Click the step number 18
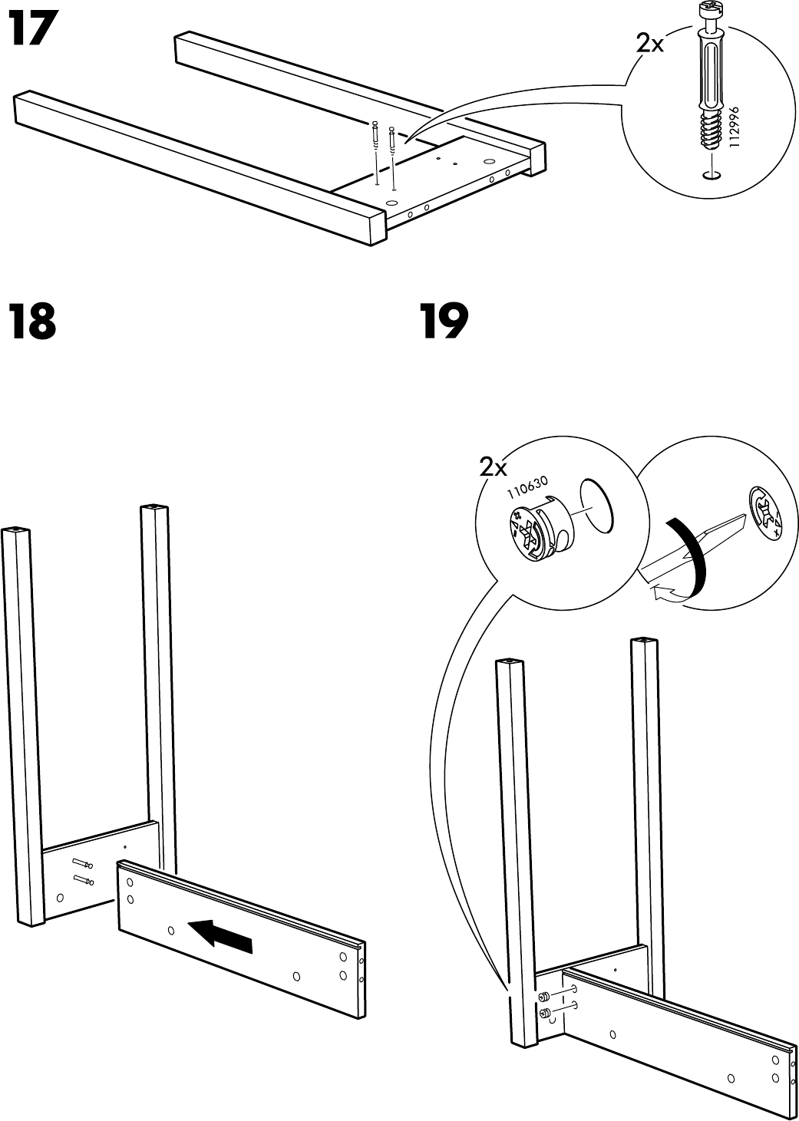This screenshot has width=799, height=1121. (31, 323)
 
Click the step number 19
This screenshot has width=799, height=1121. (444, 323)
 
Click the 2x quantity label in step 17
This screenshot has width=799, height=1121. (650, 45)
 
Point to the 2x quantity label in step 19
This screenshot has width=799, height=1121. (494, 467)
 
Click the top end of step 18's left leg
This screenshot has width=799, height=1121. (15, 530)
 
